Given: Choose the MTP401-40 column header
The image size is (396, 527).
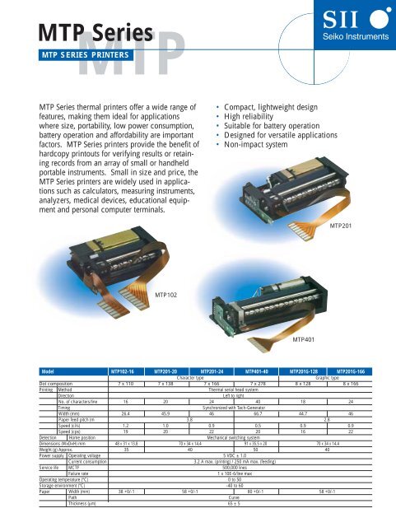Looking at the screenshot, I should [x=257, y=371].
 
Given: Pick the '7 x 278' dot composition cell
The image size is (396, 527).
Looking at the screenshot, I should [x=257, y=384].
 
